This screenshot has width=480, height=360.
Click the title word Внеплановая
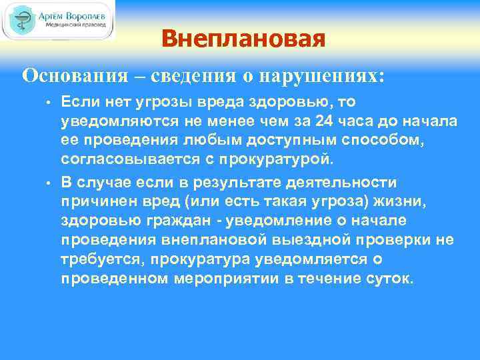(x=243, y=39)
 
